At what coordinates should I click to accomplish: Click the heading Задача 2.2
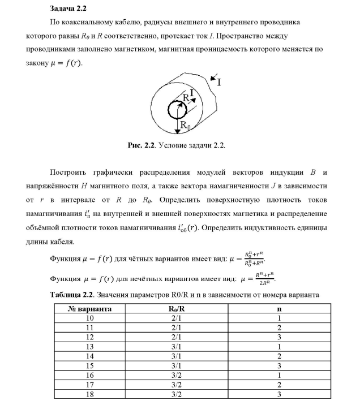coord(67,8)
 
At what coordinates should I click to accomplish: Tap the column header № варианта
coord(89,309)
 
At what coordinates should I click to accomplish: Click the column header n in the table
coord(279,309)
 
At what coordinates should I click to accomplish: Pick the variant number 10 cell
coord(89,318)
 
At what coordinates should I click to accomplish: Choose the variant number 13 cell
coord(89,346)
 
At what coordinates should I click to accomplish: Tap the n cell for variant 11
coord(279,327)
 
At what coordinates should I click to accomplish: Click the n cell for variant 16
coord(279,373)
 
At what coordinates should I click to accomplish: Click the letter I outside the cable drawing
coord(219,82)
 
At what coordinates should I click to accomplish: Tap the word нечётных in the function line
coord(139,279)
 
